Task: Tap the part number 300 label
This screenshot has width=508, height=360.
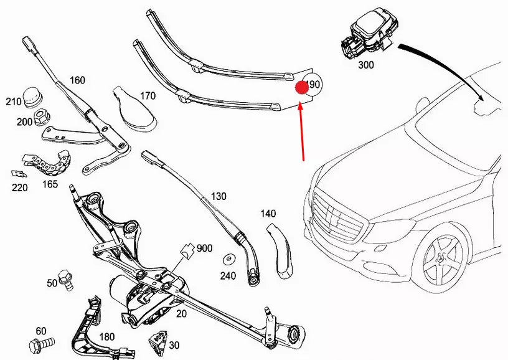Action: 366,64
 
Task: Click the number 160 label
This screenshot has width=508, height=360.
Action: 77,80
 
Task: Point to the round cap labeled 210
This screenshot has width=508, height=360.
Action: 32,97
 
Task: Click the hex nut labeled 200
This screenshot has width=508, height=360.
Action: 41,116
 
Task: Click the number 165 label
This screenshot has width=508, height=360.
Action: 50,184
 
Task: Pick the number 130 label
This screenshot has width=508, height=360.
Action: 219,196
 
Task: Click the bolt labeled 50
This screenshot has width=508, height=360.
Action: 65,278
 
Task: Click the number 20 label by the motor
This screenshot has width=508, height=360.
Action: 181,313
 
